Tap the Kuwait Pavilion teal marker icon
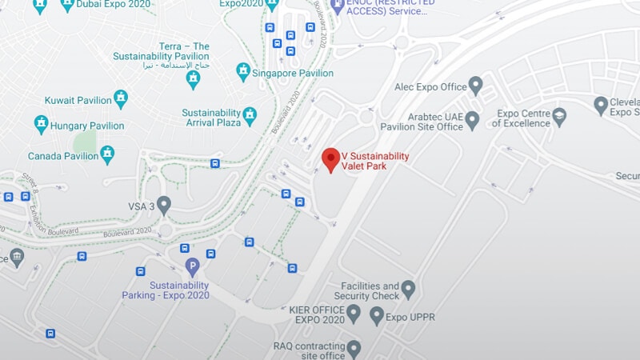coord(121,99)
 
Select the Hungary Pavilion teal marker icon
coord(41,124)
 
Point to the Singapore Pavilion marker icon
coord(243,72)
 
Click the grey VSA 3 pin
coord(164,205)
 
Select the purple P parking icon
coord(192,267)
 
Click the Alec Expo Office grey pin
coord(475,85)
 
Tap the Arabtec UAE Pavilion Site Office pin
coord(472,120)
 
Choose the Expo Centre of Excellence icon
coord(559,118)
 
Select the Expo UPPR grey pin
coord(377,316)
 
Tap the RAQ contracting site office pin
coord(353,349)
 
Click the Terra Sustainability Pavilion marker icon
coord(193,78)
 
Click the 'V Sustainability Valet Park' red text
coord(374,161)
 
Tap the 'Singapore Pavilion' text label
coord(293,73)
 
